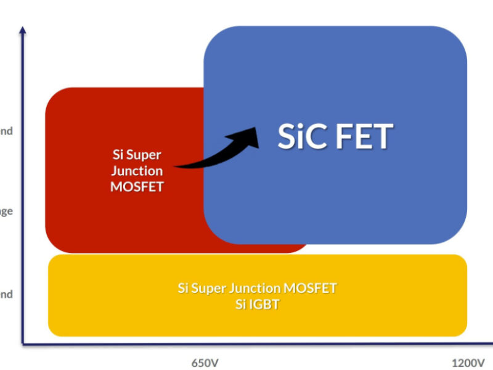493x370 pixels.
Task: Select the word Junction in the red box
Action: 137,171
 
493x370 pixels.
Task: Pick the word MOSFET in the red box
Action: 137,186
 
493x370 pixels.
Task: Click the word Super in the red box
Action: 145,155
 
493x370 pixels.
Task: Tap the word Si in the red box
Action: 120,155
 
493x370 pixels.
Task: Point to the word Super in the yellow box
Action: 208,288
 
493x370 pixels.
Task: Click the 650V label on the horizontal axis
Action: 205,363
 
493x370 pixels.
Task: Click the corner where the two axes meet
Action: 23,343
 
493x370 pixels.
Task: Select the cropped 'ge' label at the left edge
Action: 6,212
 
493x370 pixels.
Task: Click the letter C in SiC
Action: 314,136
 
